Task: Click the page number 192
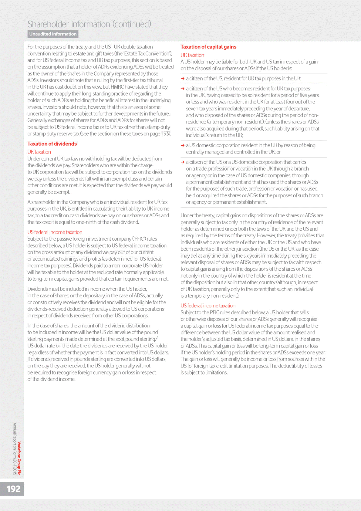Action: click(13, 489)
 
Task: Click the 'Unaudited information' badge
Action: click(53, 34)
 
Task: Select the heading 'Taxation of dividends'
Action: click(52, 144)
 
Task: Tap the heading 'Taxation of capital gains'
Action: click(208, 47)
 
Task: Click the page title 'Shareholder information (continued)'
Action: click(89, 24)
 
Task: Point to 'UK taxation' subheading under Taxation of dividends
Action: click(39, 152)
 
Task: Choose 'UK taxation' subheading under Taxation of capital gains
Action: click(192, 55)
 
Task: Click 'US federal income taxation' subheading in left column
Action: click(55, 232)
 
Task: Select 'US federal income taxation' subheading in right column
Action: click(208, 306)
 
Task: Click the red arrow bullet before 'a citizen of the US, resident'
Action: click(183, 79)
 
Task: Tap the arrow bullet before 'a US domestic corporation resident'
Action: click(183, 146)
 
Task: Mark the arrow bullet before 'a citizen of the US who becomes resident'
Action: click(183, 89)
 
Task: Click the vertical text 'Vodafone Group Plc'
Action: click(19, 458)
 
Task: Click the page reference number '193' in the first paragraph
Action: click(165, 134)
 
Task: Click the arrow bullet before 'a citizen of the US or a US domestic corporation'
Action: click(183, 162)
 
